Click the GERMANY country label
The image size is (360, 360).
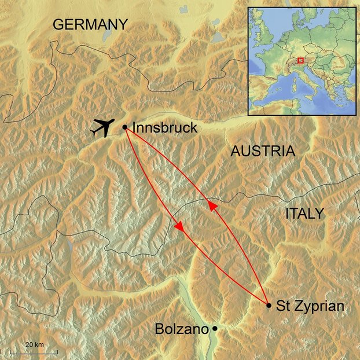coord(90,24)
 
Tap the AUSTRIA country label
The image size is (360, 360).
coord(263,152)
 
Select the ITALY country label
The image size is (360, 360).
coord(304,214)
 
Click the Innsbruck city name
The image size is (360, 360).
coord(165,128)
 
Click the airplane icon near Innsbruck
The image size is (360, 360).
coord(102,127)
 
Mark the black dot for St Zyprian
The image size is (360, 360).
coord(269,305)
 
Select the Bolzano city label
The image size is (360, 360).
coord(181,329)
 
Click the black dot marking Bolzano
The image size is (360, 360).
coord(215,329)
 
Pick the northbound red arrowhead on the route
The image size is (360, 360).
coord(212,205)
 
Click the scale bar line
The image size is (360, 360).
coord(41,351)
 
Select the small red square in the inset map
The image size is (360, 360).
coord(300,59)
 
